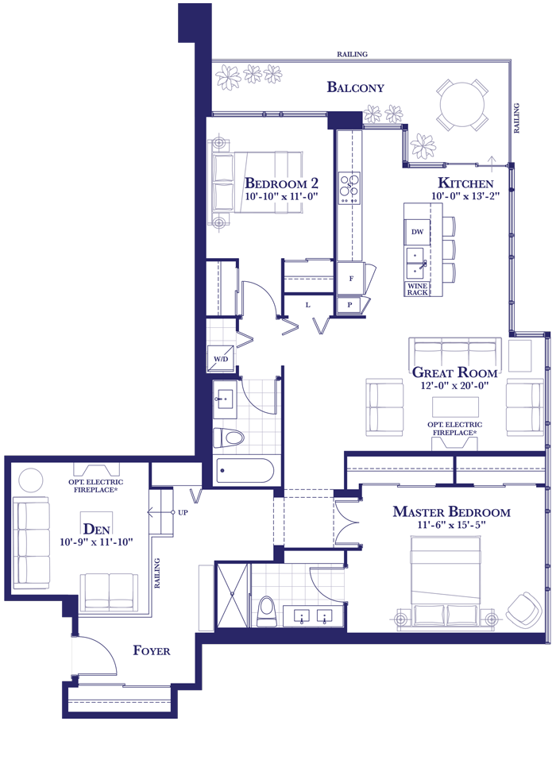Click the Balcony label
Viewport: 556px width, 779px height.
355,87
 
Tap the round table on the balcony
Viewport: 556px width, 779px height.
461,105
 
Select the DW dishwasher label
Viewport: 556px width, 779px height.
417,232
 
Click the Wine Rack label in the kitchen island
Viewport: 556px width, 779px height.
417,289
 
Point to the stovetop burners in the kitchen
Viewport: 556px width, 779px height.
349,187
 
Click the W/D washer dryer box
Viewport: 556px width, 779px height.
221,358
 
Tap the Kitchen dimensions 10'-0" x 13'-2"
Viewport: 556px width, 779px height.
465,196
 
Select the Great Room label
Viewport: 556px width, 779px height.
454,372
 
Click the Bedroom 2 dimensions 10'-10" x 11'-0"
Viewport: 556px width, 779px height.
281,196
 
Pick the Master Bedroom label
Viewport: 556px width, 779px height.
451,511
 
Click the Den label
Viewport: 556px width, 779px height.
96,529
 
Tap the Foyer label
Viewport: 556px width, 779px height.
152,650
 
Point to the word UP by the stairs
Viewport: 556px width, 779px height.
183,512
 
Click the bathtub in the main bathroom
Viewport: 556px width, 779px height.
245,470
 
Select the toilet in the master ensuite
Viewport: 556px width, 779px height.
266,611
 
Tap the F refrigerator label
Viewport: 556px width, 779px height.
351,279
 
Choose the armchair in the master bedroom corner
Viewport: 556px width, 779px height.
523,609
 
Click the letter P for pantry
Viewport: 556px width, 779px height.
349,305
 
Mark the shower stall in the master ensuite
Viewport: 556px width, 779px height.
233,596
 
